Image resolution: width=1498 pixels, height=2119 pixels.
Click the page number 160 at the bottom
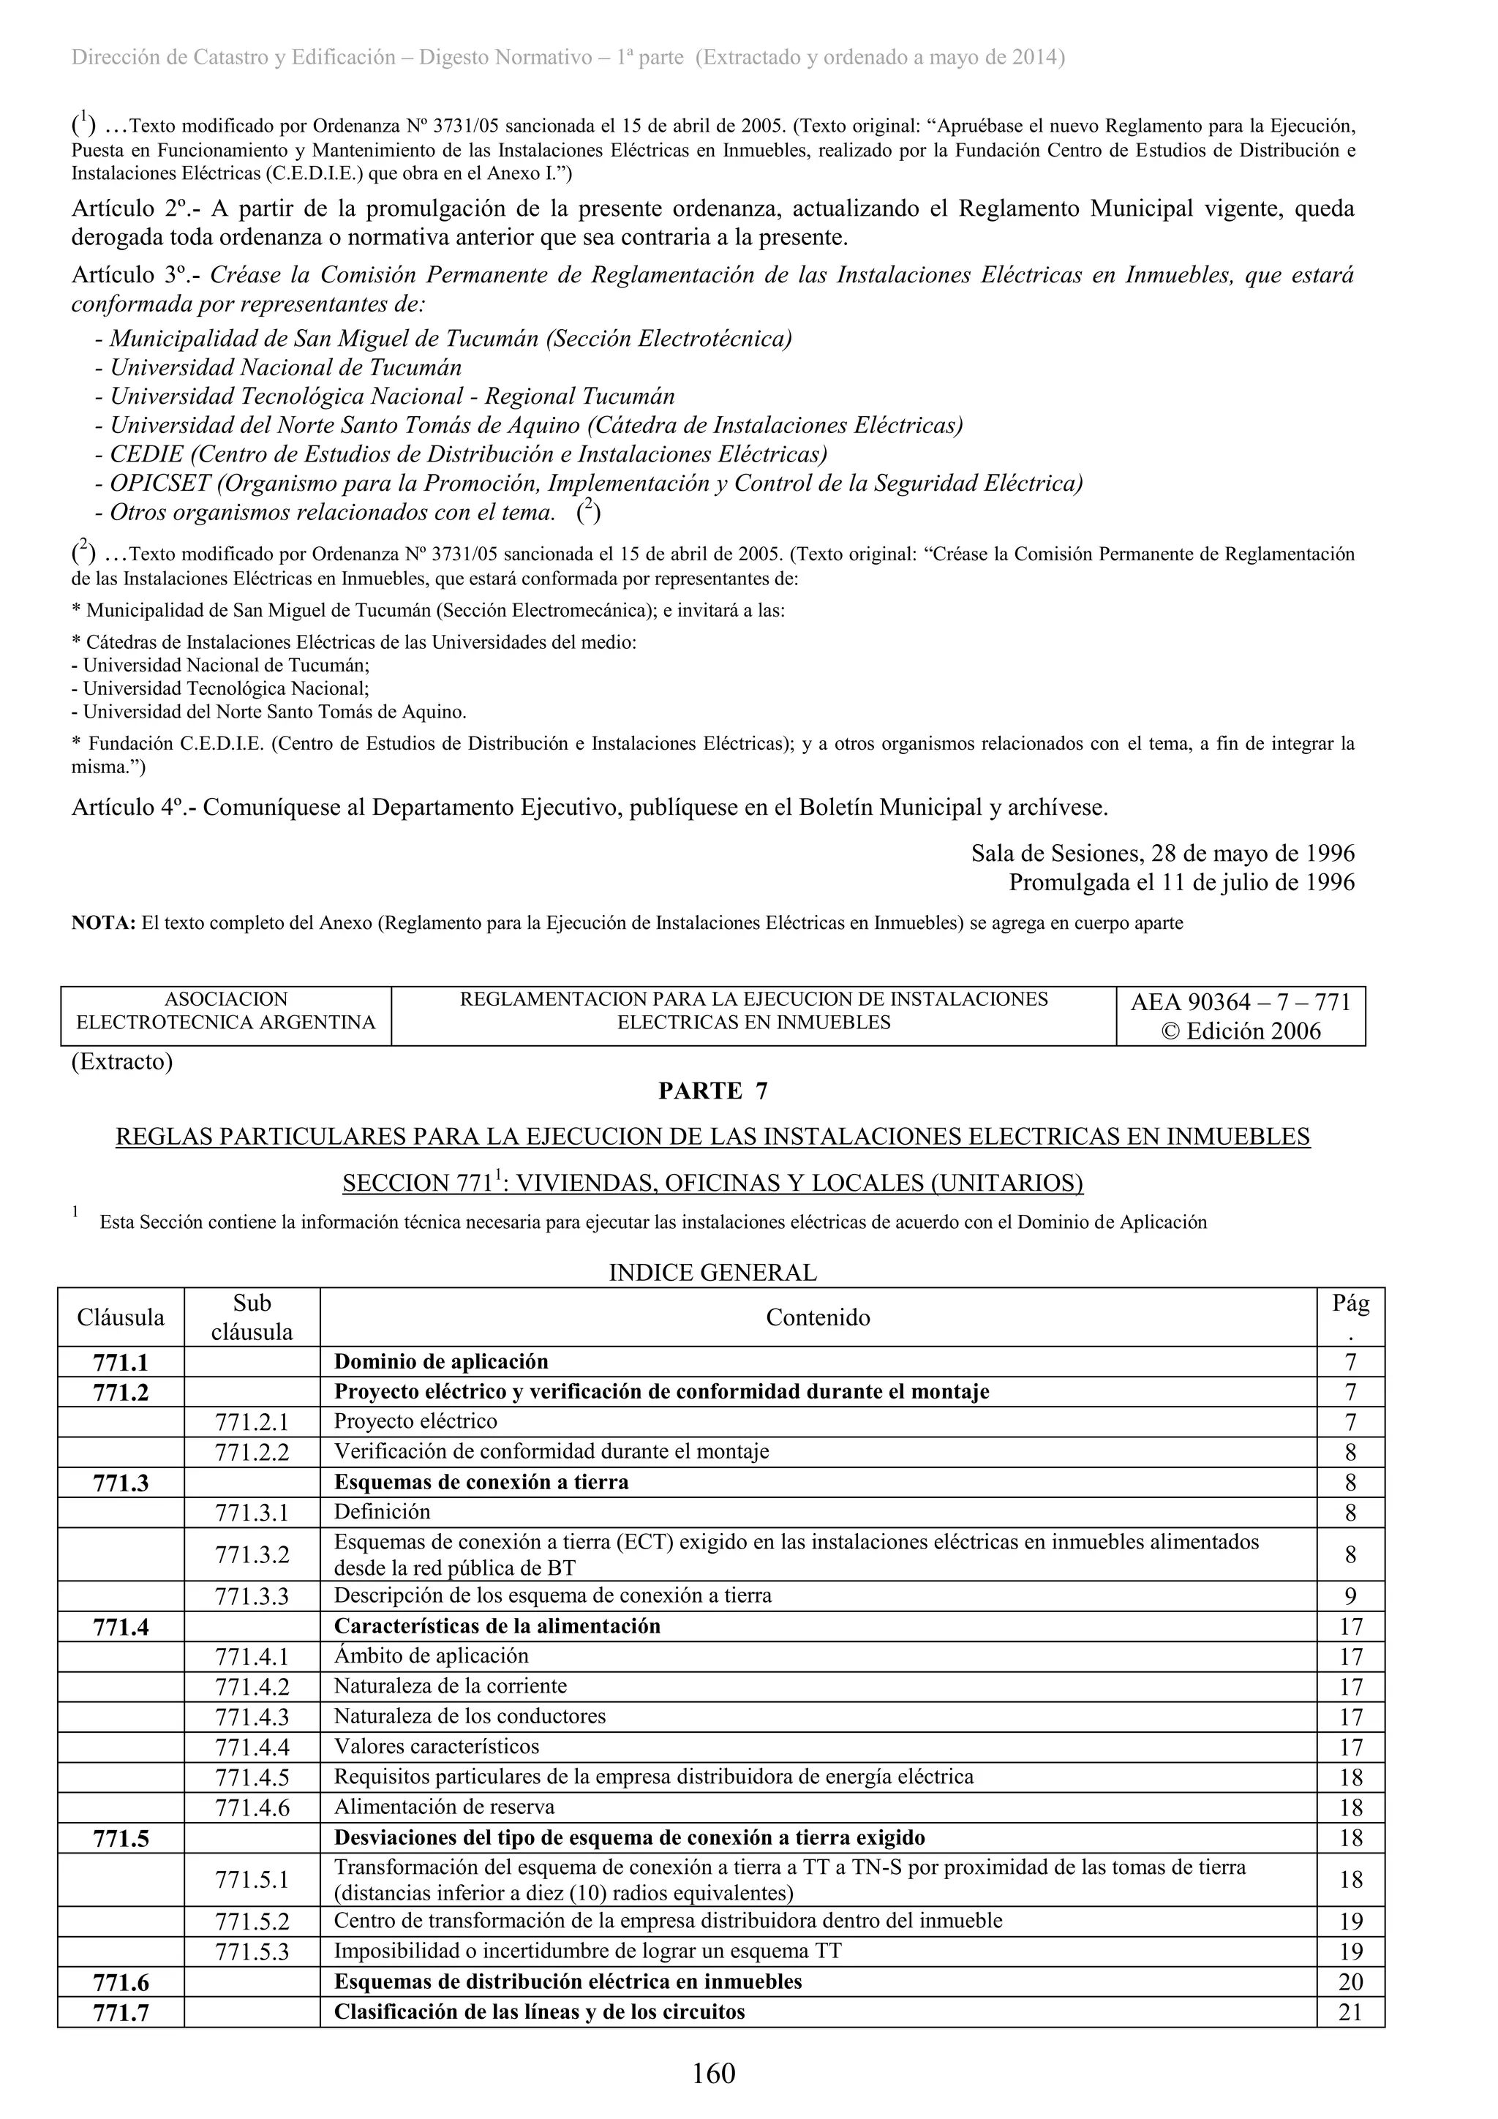coord(713,2073)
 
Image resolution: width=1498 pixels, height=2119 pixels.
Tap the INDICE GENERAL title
coord(712,1273)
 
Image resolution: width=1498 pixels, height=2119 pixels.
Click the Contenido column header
coord(818,1317)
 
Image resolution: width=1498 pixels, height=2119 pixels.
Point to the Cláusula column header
coord(121,1317)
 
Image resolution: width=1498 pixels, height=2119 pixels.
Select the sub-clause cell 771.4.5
coord(252,1777)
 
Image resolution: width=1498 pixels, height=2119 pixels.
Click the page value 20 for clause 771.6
coord(1350,1981)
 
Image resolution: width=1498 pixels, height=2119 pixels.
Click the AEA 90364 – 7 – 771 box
coord(1240,1016)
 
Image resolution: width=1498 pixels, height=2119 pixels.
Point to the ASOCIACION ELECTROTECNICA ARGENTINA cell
coord(226,1011)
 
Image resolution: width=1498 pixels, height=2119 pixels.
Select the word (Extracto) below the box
coord(122,1061)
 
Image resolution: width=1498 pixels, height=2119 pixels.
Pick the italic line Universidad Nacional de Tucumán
coord(285,367)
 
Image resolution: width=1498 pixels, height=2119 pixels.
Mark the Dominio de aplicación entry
coord(440,1362)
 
